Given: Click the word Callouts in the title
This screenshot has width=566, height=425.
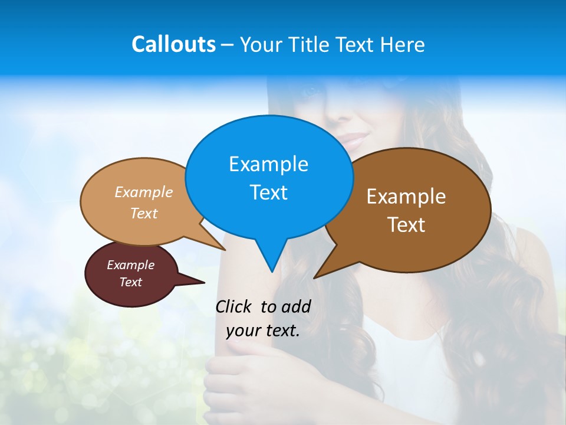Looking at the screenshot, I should pos(173,44).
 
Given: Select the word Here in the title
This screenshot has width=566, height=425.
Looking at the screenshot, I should pos(403,44).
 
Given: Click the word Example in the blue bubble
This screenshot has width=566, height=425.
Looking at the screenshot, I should pos(268,164).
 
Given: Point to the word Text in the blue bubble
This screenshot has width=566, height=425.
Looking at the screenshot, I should pos(268,192).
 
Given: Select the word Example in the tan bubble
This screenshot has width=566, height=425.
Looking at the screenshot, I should pos(144,192).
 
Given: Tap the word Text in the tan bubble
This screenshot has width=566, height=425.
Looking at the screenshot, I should pos(144,213).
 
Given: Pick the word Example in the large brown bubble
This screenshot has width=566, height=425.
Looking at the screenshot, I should pos(406,197).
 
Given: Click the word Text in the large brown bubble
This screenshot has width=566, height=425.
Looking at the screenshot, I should pos(406,225).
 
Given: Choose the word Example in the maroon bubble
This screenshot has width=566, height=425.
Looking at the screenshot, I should pos(130,265).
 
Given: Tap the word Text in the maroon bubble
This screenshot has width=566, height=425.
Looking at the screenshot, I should pos(130,282).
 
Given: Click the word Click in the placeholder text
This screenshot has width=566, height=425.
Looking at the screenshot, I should pos(234,306).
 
